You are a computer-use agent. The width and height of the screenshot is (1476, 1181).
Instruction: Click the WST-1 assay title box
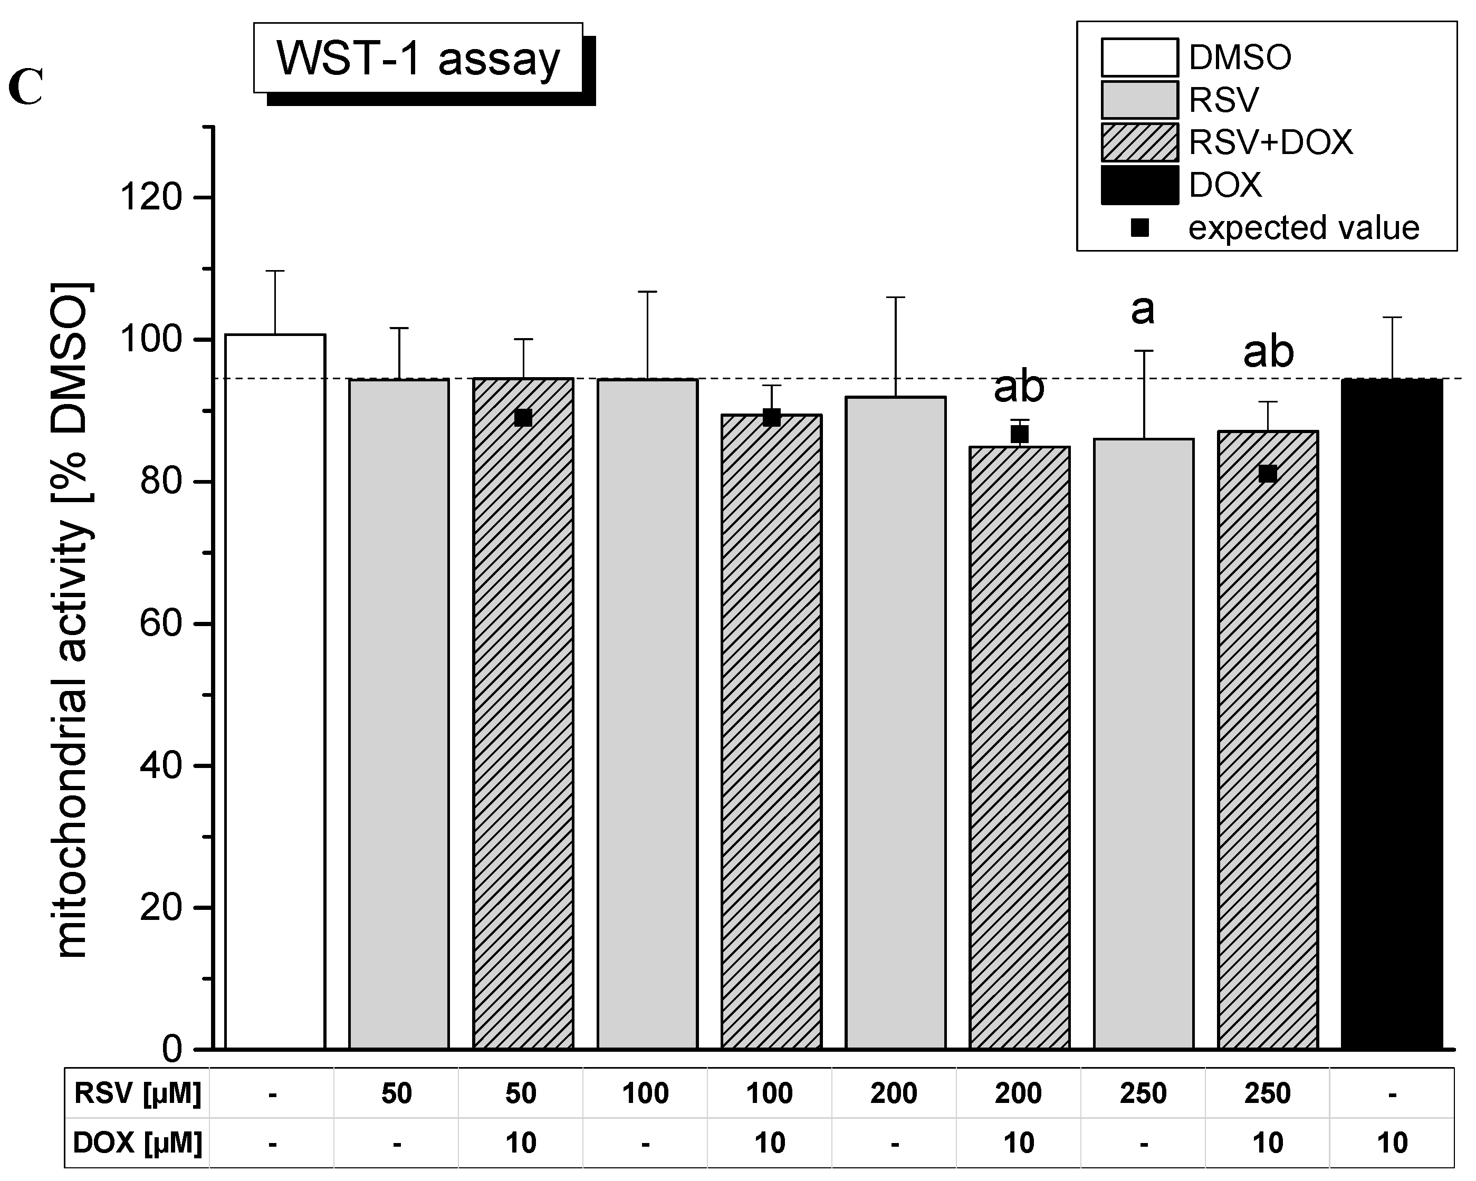click(x=418, y=58)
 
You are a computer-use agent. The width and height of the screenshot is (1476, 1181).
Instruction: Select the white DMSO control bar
click(x=275, y=692)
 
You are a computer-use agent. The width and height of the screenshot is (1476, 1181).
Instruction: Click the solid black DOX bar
click(x=1392, y=712)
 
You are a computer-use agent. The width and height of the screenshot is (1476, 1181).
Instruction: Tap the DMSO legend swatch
click(x=1139, y=57)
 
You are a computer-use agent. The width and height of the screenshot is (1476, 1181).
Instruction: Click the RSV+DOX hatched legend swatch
click(x=1139, y=142)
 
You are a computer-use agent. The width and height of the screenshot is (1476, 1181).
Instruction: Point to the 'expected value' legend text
click(x=1304, y=228)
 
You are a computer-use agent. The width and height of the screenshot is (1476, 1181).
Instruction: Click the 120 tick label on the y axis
click(x=151, y=198)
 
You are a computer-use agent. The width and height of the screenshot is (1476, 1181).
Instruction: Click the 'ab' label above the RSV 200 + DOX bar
click(x=1019, y=388)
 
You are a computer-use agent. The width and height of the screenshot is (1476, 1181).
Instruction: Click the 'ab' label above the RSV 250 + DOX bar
click(x=1268, y=352)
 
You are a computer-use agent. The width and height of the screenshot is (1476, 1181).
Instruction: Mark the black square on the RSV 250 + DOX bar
click(x=1267, y=474)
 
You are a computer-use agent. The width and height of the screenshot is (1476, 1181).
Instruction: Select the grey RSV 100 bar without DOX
click(x=647, y=712)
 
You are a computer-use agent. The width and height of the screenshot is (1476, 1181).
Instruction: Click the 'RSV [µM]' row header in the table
click(x=138, y=1093)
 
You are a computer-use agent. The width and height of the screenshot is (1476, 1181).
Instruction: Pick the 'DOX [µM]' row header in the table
click(x=138, y=1142)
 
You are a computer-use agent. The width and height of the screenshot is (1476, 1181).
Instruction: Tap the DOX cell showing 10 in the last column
click(x=1392, y=1142)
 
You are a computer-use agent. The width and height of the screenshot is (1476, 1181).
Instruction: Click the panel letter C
click(x=26, y=89)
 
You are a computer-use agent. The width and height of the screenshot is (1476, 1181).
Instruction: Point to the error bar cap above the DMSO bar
click(x=275, y=271)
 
